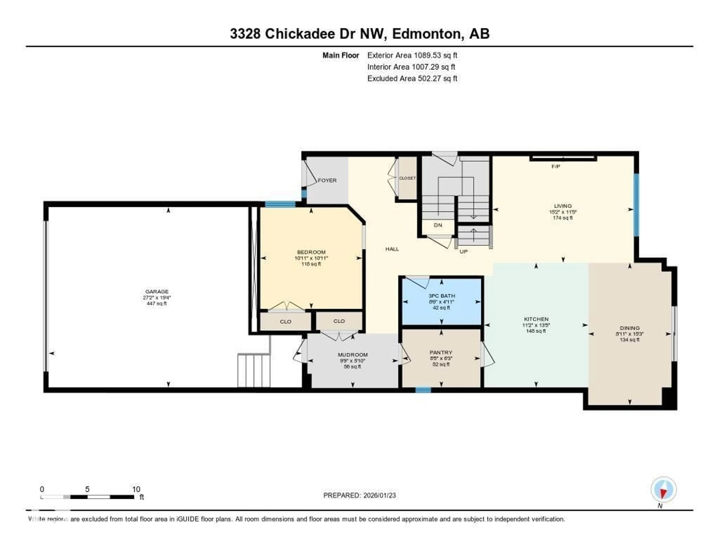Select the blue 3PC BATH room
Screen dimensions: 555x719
point(441,302)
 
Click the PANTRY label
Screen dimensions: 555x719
point(441,352)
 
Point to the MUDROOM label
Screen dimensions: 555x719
point(353,355)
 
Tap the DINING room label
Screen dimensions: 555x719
point(629,328)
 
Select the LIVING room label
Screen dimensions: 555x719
point(563,206)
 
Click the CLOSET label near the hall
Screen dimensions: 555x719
point(407,178)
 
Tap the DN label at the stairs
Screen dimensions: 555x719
point(438,225)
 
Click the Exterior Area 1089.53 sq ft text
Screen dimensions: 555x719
point(412,55)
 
